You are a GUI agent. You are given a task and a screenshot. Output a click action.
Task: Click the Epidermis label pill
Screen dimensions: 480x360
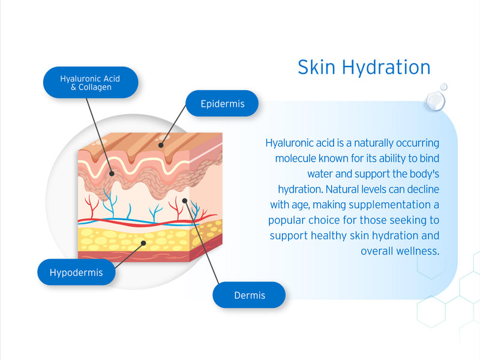[x=222, y=103]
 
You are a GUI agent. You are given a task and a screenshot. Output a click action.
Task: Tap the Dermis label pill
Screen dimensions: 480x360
[x=249, y=295]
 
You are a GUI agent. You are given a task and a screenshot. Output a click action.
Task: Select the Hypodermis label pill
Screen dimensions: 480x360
[x=76, y=272]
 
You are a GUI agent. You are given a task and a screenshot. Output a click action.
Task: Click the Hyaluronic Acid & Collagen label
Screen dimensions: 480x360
[x=91, y=83]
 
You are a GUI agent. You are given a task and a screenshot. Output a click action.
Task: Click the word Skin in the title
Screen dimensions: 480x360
[x=316, y=67]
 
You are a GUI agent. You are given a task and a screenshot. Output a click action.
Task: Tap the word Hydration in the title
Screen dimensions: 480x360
[x=386, y=67]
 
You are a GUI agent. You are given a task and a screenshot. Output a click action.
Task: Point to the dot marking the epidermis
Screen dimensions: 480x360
[x=161, y=145]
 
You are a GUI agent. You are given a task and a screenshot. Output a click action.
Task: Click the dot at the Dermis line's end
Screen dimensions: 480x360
[x=185, y=200]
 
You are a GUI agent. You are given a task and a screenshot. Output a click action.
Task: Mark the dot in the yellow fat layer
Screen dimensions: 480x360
[x=143, y=243]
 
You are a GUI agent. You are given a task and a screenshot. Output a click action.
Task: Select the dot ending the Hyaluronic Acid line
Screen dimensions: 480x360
[x=112, y=173]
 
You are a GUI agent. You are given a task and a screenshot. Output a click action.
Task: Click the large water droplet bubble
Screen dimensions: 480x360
[x=435, y=101]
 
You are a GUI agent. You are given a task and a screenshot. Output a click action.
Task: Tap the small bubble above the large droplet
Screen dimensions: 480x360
[x=443, y=86]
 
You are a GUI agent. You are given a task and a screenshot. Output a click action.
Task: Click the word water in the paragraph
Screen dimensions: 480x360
[x=320, y=174]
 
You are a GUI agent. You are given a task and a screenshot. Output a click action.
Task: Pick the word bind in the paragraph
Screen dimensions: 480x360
[x=429, y=158]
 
